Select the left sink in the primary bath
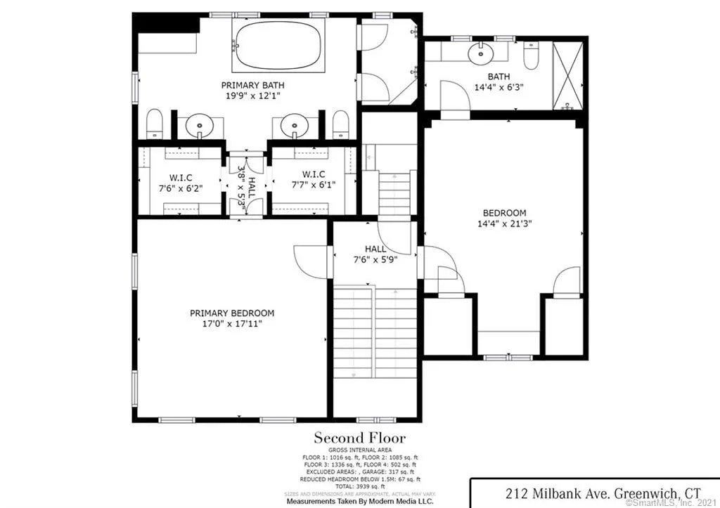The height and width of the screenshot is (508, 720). point(200,127)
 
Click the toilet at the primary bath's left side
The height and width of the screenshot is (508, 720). point(155,125)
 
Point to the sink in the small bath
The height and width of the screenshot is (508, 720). point(480,51)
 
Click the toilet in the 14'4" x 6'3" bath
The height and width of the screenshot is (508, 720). point(531,55)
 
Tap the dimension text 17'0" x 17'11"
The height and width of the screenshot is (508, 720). point(232,325)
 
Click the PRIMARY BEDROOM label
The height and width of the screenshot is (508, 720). point(232,313)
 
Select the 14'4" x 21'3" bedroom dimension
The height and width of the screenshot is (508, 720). point(504,224)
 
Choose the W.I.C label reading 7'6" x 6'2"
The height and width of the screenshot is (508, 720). point(181,181)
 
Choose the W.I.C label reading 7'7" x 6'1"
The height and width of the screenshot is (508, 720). point(314,180)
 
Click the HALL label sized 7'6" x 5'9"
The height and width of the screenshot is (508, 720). point(375,254)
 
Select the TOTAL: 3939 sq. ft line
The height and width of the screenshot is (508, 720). point(359,486)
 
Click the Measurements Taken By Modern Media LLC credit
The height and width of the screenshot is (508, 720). point(359,502)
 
